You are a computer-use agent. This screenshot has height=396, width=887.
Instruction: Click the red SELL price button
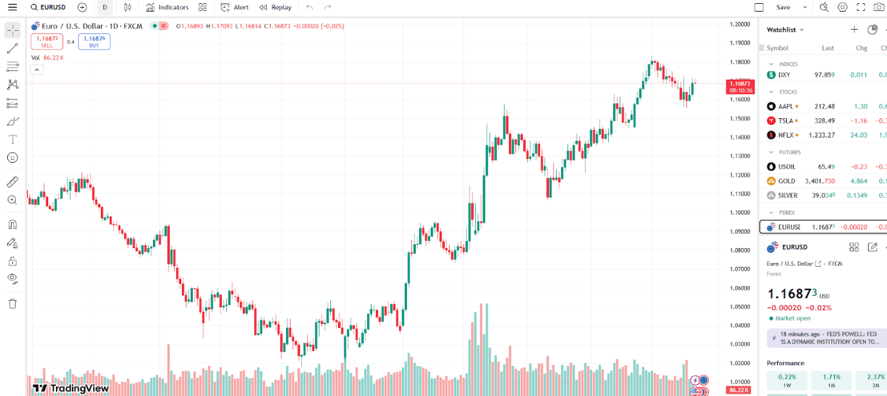[x=47, y=42]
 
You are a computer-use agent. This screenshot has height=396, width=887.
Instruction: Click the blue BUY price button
[x=94, y=42]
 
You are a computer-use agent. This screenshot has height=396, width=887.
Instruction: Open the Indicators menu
[x=167, y=7]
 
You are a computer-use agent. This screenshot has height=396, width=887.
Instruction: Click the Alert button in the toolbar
[x=235, y=7]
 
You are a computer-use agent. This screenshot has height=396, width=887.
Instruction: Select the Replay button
[x=276, y=7]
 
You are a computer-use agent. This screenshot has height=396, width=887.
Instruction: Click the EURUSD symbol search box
[x=48, y=7]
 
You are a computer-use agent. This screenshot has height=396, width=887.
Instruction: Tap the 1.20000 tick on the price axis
[x=740, y=24]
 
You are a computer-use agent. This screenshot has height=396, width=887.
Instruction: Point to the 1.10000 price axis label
[x=740, y=213]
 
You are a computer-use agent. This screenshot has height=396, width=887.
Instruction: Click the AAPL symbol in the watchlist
[x=785, y=106]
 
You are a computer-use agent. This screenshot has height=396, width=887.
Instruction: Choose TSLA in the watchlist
[x=785, y=121]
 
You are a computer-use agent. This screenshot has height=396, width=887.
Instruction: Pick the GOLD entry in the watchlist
[x=786, y=181]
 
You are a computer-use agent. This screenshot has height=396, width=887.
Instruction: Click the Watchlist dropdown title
[x=785, y=30]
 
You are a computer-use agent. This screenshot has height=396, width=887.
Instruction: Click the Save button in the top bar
[x=783, y=7]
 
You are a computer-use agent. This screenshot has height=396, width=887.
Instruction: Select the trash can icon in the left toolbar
[x=12, y=303]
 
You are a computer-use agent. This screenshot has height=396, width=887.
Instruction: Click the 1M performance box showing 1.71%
[x=831, y=380]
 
